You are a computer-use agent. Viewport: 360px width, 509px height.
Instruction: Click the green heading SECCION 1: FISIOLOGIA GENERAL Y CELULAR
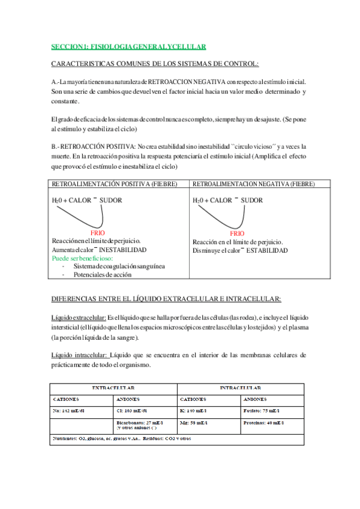click(x=128, y=46)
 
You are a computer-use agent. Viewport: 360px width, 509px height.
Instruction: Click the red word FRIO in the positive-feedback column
click(x=98, y=232)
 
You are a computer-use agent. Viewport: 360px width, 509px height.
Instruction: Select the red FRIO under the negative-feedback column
click(x=237, y=233)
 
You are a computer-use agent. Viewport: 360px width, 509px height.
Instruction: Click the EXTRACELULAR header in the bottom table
click(x=112, y=388)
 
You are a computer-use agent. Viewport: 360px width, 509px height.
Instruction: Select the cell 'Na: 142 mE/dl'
click(x=70, y=411)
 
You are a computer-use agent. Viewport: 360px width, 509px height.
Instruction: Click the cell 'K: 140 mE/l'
click(x=196, y=411)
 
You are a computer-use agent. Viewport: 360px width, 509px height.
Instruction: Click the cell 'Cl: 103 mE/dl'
click(x=135, y=411)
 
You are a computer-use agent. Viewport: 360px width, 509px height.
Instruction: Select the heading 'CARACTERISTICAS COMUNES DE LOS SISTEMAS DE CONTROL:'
click(x=155, y=64)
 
